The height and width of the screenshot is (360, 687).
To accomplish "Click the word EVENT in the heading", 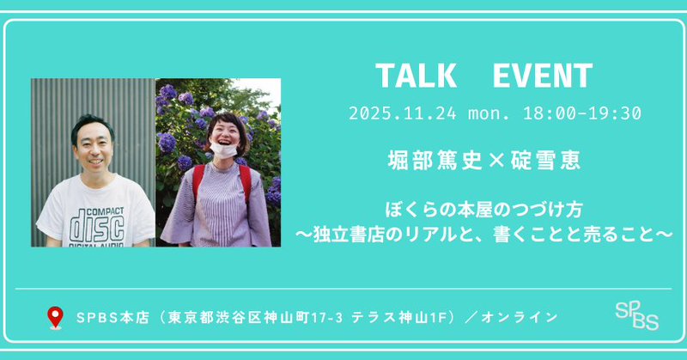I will pyautogui.click(x=544, y=76).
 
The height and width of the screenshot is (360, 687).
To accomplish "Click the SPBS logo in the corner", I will pyautogui.click(x=637, y=316).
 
